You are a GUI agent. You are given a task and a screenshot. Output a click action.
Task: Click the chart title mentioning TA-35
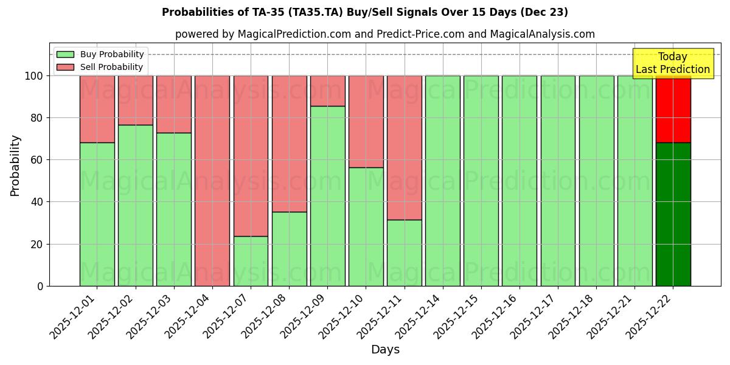[x=364, y=12]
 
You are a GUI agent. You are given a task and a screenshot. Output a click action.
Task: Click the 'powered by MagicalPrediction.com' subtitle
[x=384, y=34]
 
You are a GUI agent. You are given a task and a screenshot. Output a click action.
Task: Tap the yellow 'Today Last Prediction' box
[x=672, y=63]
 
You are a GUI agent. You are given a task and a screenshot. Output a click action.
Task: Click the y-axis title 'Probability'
[x=15, y=165]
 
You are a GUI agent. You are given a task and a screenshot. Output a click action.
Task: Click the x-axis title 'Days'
[x=385, y=350]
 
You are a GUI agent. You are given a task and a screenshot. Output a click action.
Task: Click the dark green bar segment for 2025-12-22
[x=673, y=214]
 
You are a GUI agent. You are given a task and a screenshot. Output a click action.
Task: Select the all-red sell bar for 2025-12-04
[x=212, y=181]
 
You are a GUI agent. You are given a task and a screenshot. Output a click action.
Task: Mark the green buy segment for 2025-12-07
[x=251, y=261]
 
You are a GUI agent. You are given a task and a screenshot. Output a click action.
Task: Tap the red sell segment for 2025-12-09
[x=327, y=91]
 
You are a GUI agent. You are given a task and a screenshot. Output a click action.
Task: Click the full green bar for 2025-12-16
[x=520, y=181]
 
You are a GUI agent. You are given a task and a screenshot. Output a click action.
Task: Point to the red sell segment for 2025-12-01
[x=97, y=109]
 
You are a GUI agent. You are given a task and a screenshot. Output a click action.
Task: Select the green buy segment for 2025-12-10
[x=366, y=226]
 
